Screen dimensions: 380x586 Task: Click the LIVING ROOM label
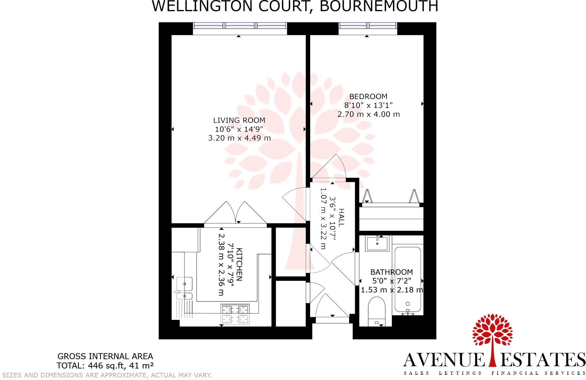(x=239, y=120)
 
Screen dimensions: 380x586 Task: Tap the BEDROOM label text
(x=368, y=96)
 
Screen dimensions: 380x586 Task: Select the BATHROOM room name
(x=391, y=272)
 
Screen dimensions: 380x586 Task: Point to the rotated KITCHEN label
(x=239, y=264)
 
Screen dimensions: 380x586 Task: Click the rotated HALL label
(x=341, y=217)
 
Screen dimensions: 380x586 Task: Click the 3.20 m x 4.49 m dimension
(x=239, y=138)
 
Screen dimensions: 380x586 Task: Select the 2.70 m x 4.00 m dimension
(x=368, y=114)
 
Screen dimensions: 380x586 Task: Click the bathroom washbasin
(x=377, y=243)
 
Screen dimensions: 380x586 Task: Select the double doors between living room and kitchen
(x=235, y=213)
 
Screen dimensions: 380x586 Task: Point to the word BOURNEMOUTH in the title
(x=379, y=6)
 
